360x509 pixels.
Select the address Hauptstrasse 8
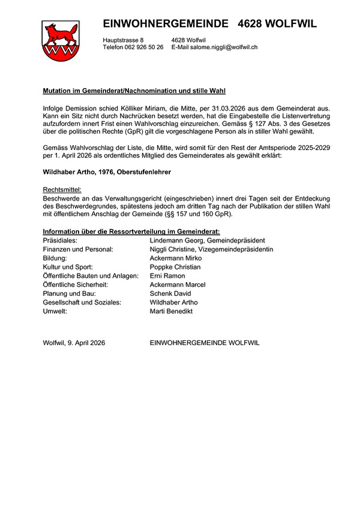pos(123,40)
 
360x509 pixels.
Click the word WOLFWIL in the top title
pos(290,24)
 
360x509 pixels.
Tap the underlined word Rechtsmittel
pos(63,189)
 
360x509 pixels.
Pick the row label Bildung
pos(55,258)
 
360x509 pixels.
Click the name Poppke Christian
pos(175,267)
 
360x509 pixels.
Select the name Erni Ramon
pos(167,276)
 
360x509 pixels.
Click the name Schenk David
pos(170,294)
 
